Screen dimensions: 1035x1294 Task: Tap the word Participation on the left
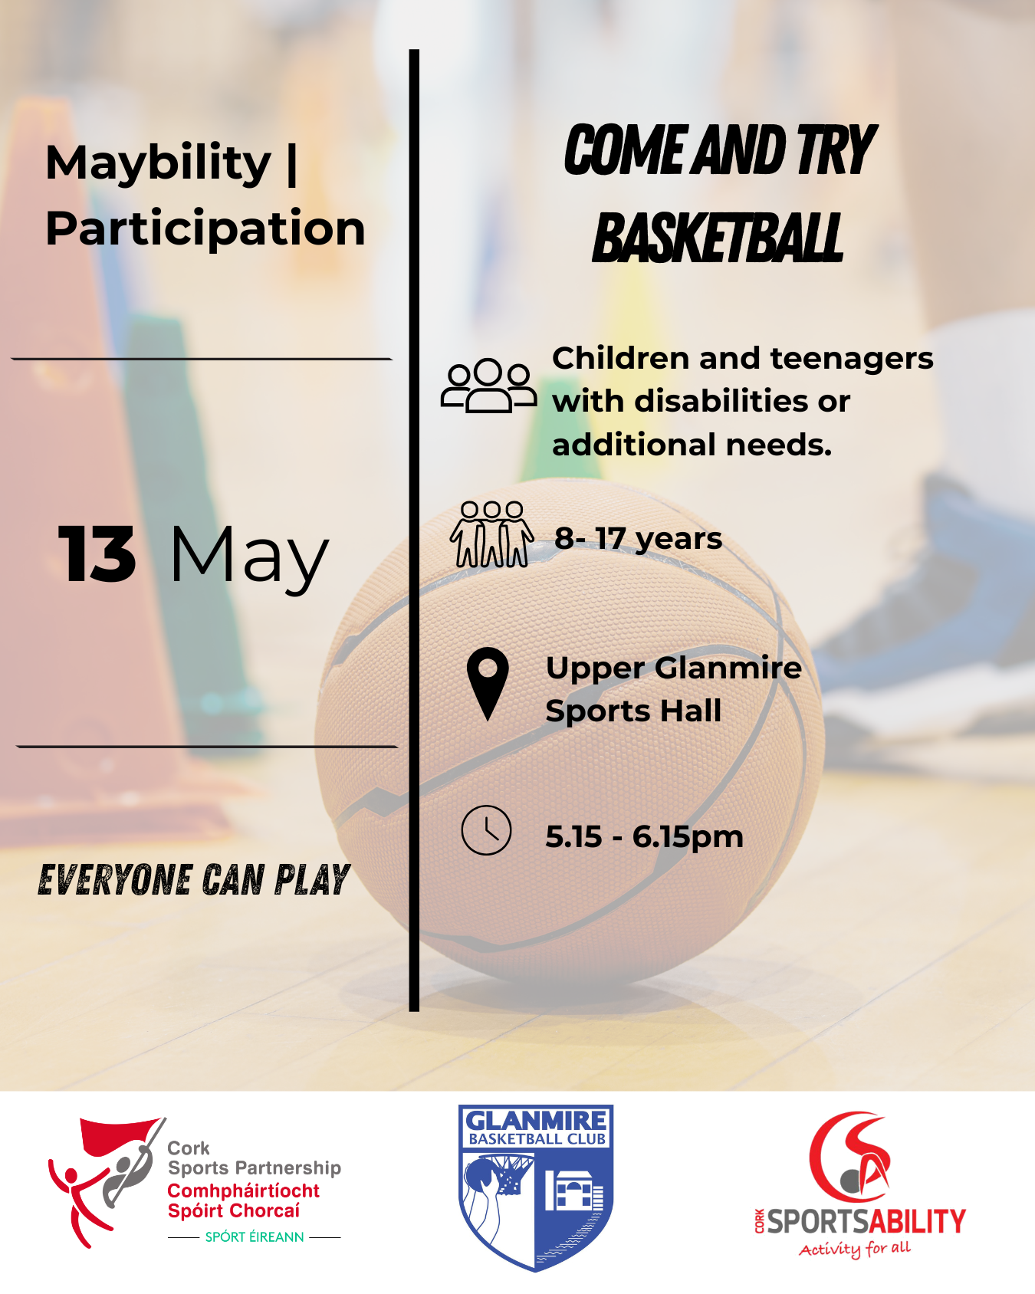coord(205,229)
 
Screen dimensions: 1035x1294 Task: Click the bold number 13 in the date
coord(97,553)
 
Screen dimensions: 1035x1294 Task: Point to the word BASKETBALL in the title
coord(718,238)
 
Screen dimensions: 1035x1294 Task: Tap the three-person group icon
coord(488,386)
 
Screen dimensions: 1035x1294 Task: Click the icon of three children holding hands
coord(492,534)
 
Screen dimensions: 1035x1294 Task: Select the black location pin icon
coord(488,684)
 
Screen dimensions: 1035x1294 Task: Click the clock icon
coord(486,830)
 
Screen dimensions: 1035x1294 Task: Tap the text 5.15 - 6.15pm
coord(644,836)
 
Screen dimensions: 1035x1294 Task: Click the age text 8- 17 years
coord(638,538)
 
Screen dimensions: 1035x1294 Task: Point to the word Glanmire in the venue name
coord(728,668)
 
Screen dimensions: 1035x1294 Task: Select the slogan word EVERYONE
coord(115,880)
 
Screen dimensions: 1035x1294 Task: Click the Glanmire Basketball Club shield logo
coord(536,1187)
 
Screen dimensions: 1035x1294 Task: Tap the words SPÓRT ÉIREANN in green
coord(255,1237)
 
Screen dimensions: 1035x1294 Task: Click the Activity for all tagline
coord(855,1249)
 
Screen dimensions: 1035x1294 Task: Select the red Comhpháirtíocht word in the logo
coord(243,1191)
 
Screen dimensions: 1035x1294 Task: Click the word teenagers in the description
coord(852,359)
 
